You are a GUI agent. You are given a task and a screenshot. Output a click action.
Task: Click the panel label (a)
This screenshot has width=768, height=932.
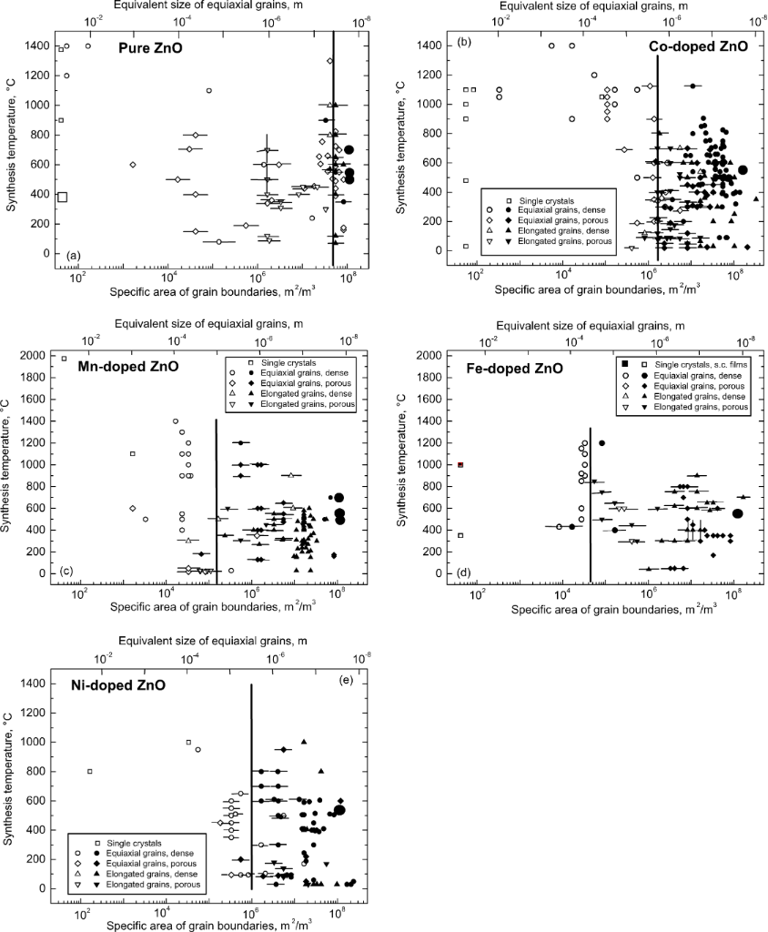click(68, 253)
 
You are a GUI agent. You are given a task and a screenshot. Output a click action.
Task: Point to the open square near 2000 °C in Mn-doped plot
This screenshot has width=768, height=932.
click(64, 359)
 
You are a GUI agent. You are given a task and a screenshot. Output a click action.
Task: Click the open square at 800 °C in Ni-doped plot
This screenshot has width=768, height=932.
click(89, 771)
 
